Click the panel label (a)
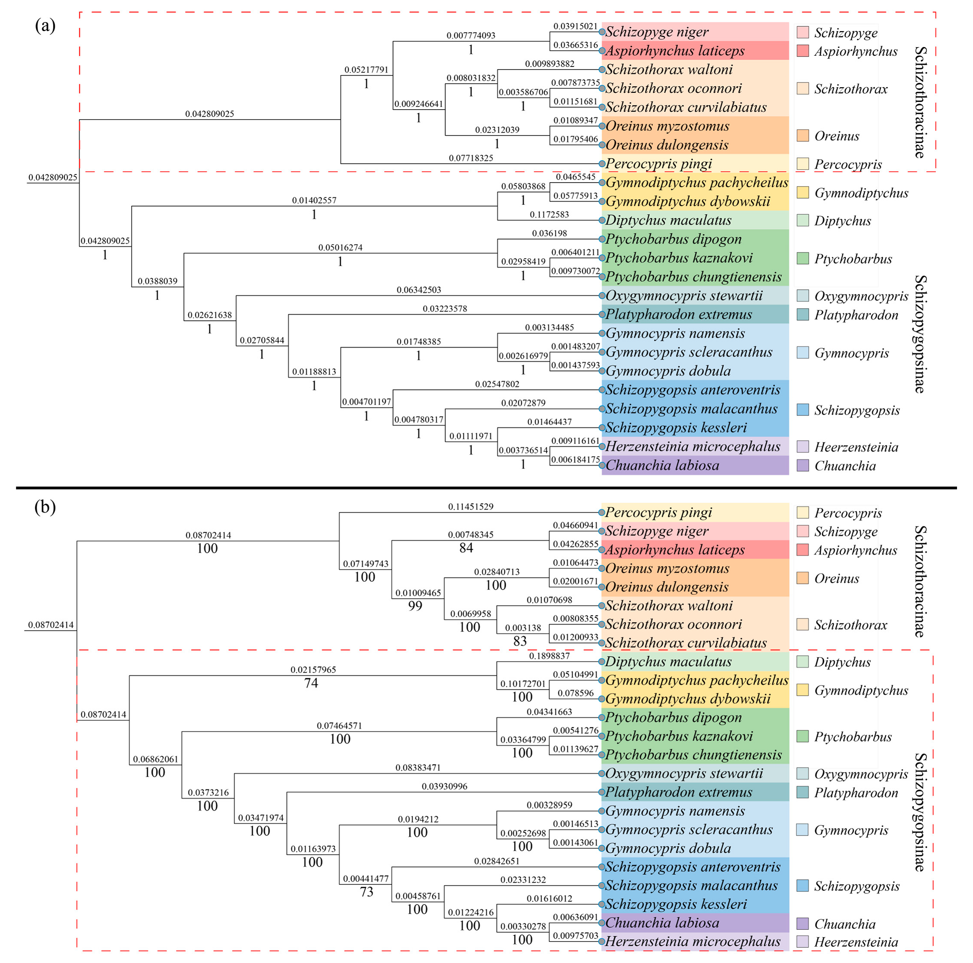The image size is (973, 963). (45, 25)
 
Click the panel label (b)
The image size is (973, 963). (45, 507)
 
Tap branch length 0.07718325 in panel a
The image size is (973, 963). (471, 158)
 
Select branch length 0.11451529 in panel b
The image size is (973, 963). (471, 507)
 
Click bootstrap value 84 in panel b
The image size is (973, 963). (466, 548)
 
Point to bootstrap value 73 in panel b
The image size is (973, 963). (367, 892)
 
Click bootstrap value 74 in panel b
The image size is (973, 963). (311, 683)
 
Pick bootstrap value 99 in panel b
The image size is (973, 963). (415, 606)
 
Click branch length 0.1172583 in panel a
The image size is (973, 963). (549, 215)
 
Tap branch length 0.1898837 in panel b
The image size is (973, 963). (549, 656)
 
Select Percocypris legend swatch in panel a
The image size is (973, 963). (803, 164)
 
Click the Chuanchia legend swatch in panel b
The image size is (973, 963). (803, 924)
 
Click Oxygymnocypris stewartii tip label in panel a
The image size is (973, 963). (684, 295)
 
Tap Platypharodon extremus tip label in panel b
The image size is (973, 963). (678, 792)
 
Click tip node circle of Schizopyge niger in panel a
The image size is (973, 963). (602, 32)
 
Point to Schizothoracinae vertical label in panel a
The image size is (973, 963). (919, 102)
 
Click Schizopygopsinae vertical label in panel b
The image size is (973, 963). (919, 812)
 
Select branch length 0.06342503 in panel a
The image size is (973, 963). (419, 290)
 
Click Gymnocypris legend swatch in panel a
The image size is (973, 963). (803, 353)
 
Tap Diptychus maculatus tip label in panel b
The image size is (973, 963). (668, 662)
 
